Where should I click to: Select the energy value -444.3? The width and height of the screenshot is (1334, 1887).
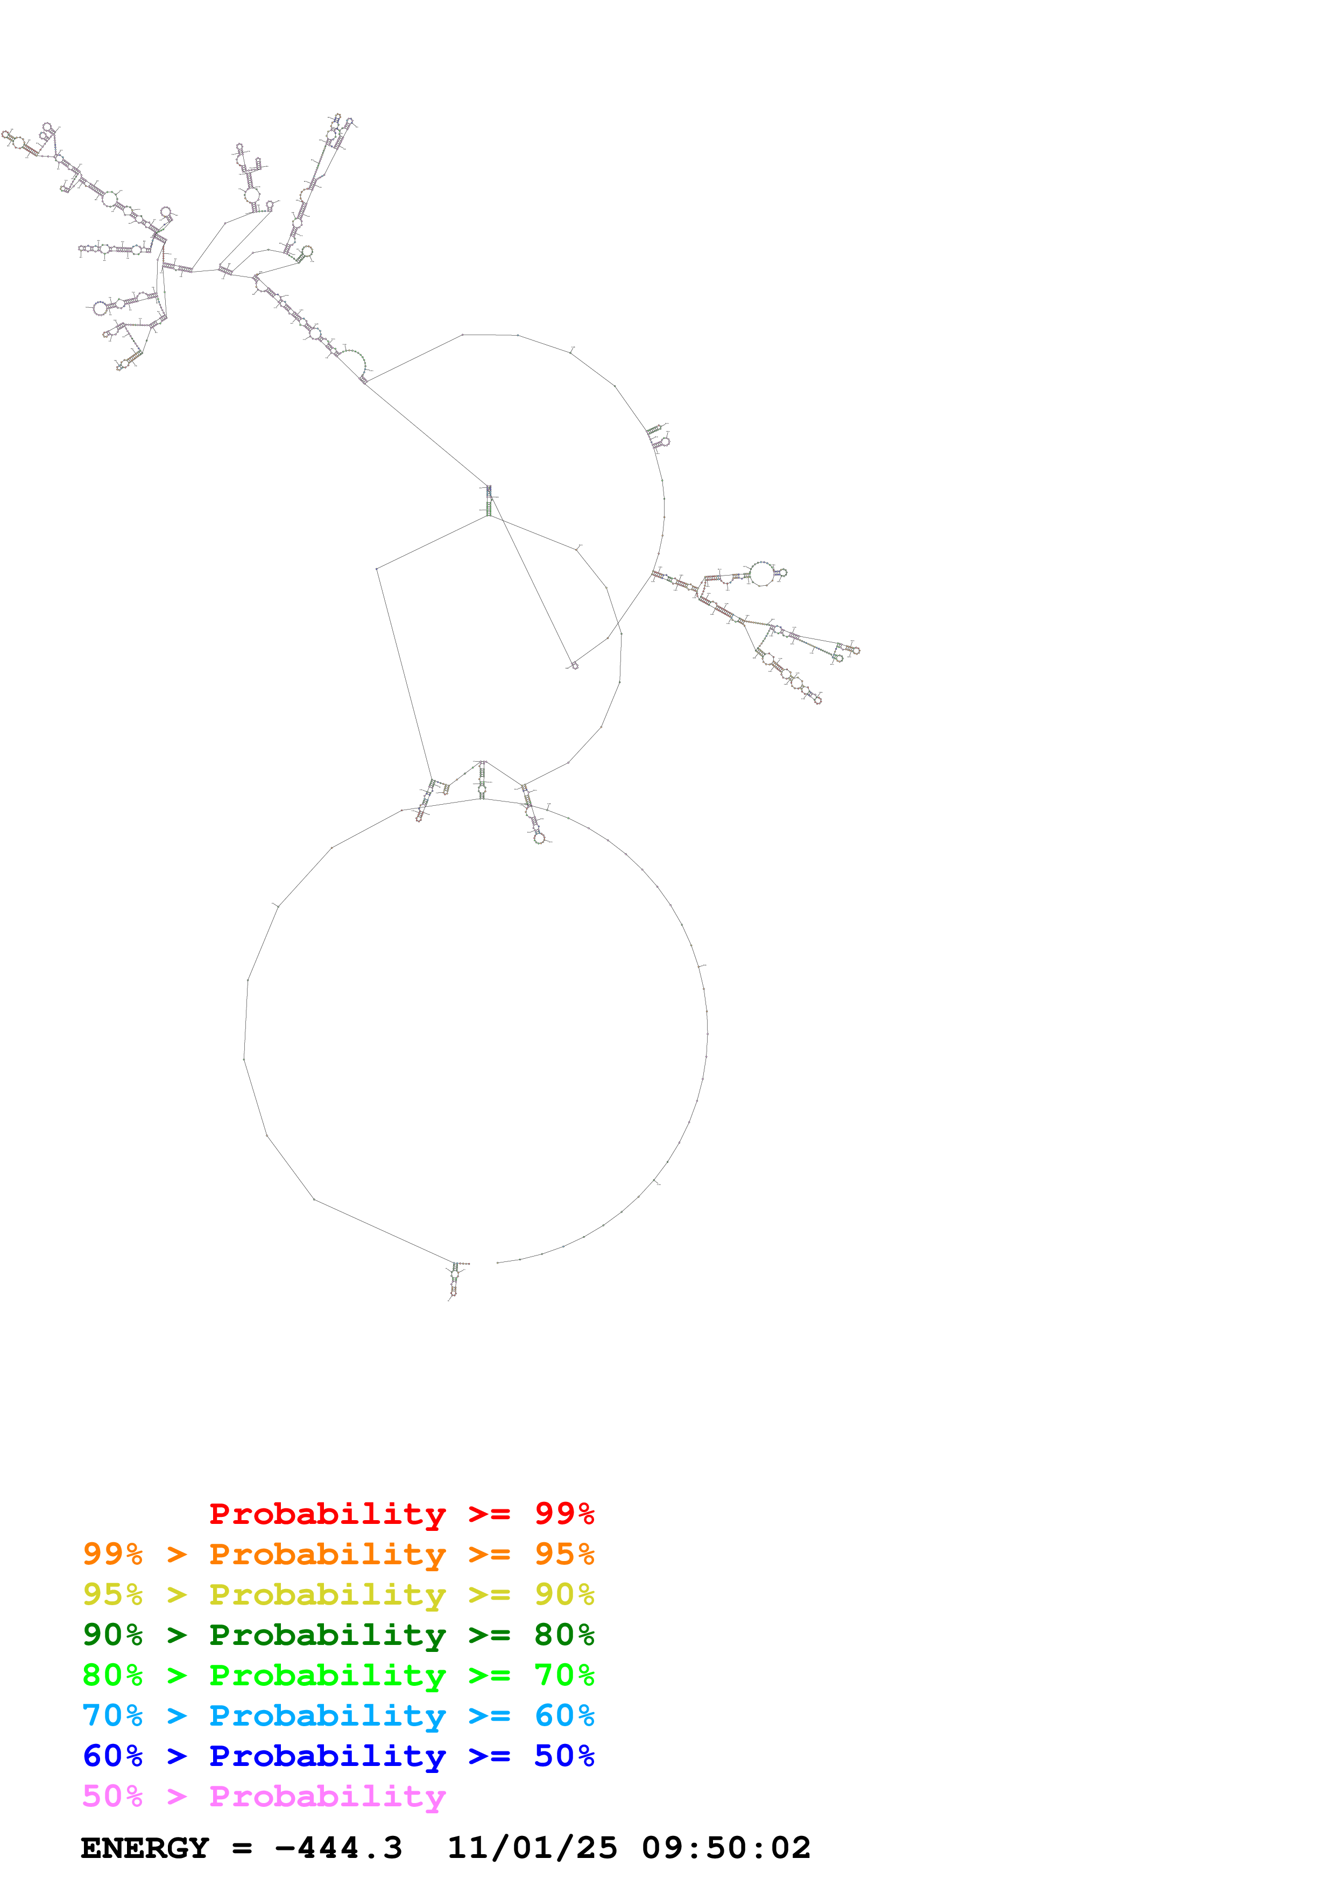point(338,1848)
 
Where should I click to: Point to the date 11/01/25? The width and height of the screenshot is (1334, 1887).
point(532,1848)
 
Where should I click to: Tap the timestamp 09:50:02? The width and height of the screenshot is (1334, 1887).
point(726,1848)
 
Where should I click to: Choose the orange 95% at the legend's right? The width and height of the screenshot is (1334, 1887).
point(564,1554)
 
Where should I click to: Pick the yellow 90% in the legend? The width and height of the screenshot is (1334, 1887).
point(564,1594)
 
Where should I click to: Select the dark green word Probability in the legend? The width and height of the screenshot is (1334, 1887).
point(327,1635)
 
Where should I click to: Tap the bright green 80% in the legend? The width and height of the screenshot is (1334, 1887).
point(112,1675)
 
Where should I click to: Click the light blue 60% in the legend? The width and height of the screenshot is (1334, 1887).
point(564,1715)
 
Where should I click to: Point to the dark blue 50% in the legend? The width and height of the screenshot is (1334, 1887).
point(564,1756)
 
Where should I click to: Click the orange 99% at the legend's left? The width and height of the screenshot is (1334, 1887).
point(112,1554)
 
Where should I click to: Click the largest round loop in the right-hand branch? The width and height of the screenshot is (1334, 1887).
point(762,573)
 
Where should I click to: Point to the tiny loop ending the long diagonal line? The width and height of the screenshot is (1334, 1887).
point(574,665)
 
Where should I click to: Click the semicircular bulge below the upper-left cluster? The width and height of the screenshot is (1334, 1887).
point(352,361)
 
